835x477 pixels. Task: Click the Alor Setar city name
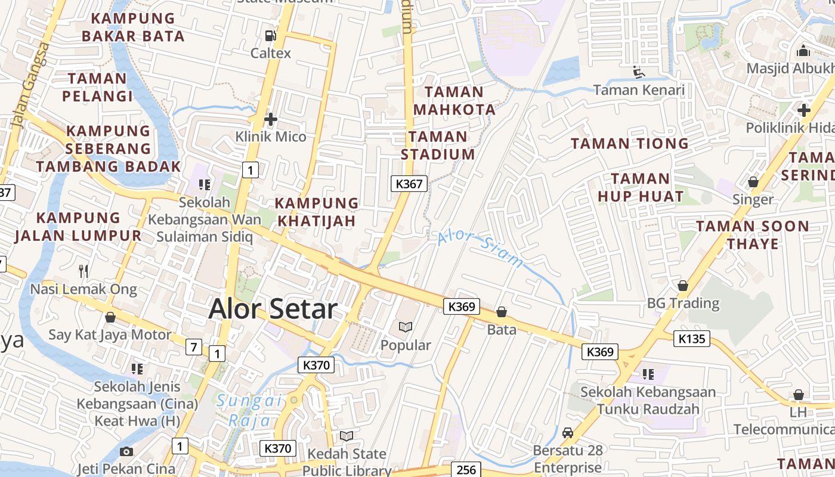[x=273, y=309]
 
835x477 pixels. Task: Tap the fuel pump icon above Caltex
[x=271, y=36]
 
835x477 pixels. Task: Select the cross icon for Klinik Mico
[x=271, y=119]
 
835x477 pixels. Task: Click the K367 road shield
[x=409, y=184]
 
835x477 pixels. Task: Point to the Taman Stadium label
[x=438, y=145]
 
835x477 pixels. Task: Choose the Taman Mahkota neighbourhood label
[x=454, y=101]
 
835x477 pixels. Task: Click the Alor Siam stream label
[x=480, y=249]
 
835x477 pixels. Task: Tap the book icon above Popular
[x=406, y=327]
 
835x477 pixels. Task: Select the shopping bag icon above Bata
[x=502, y=312]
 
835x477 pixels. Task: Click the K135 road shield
[x=692, y=339]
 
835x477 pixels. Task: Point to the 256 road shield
[x=466, y=470]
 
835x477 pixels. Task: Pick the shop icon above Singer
[x=753, y=182]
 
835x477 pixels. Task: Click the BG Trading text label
[x=683, y=303]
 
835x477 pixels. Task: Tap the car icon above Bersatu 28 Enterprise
[x=568, y=432]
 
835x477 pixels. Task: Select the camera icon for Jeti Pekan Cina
[x=126, y=451]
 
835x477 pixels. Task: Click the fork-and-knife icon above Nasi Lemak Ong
[x=83, y=271]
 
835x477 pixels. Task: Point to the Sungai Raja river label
[x=249, y=410]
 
